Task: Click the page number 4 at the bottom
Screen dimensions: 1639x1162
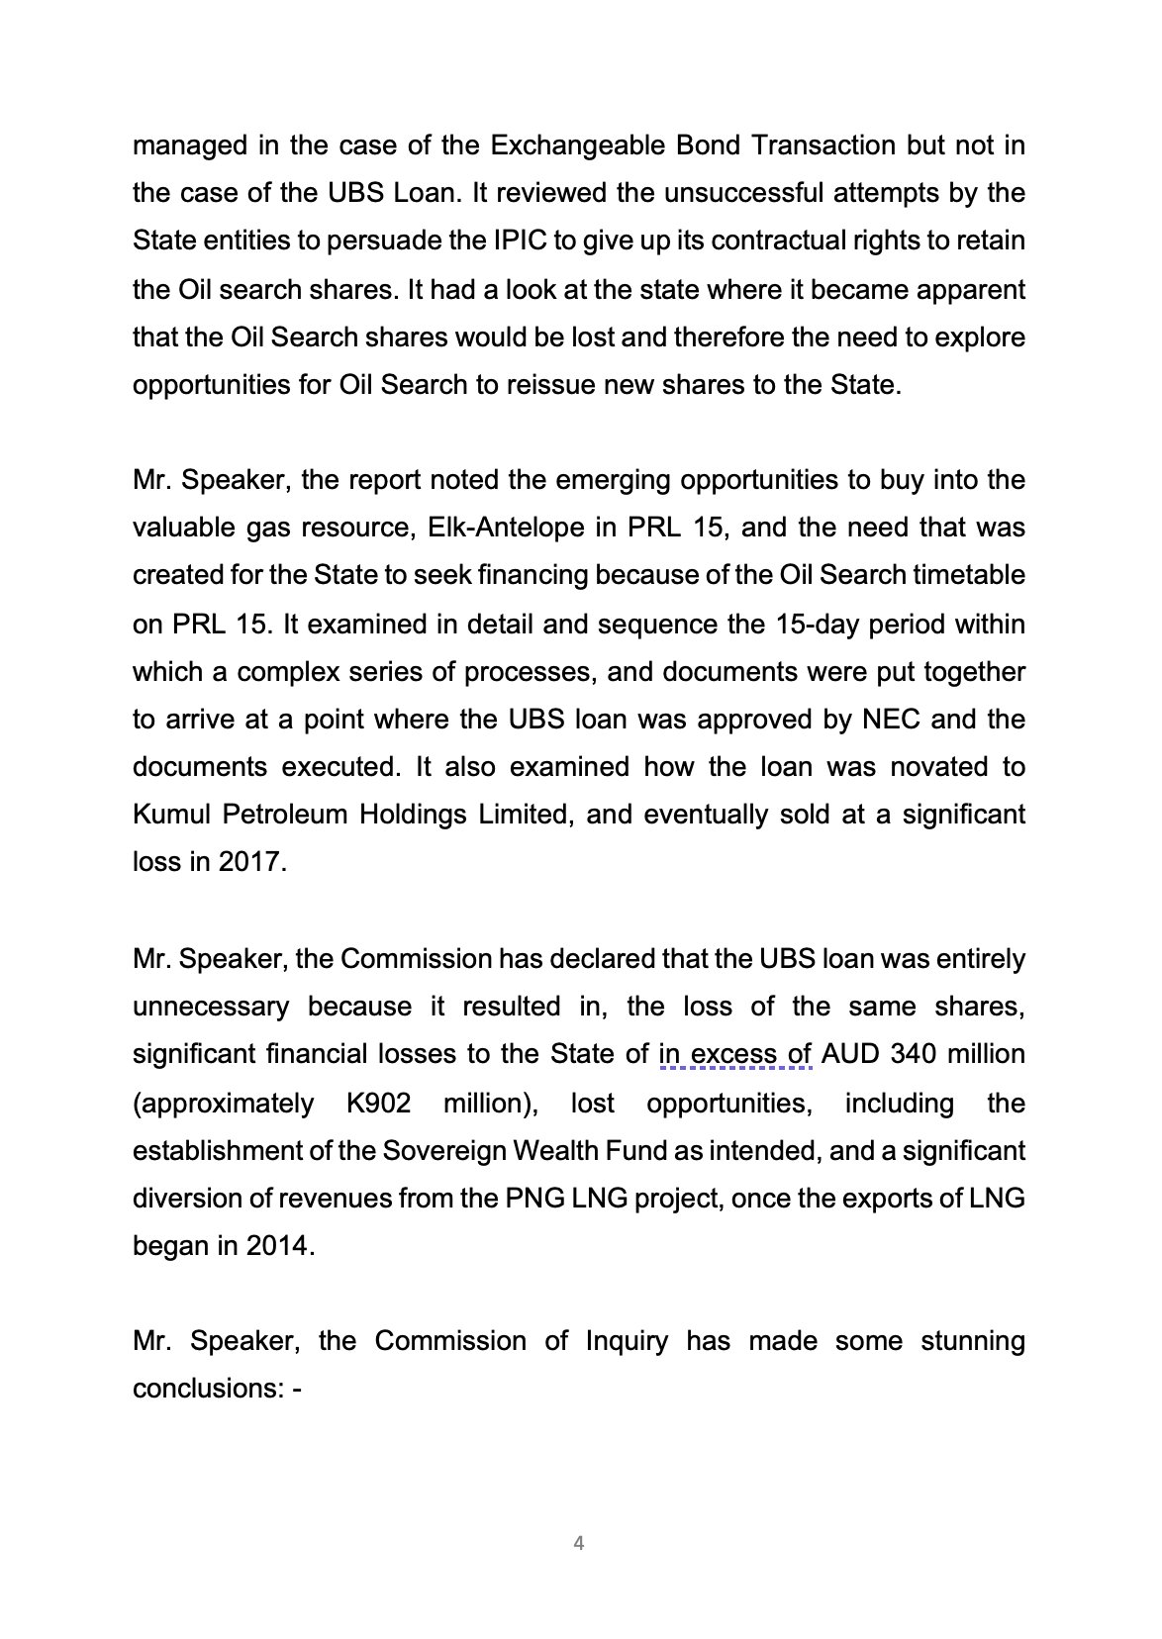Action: (x=579, y=1543)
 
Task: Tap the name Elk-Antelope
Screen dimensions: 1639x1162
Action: (x=506, y=528)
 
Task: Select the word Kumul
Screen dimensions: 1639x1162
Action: (x=172, y=815)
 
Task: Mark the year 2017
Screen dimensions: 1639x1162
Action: (x=251, y=862)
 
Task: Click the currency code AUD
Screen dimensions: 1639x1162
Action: (x=851, y=1054)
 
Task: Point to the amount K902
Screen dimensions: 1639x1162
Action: (x=378, y=1104)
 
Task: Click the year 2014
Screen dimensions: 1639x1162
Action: (x=278, y=1246)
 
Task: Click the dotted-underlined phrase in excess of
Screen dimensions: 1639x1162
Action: (x=735, y=1054)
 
